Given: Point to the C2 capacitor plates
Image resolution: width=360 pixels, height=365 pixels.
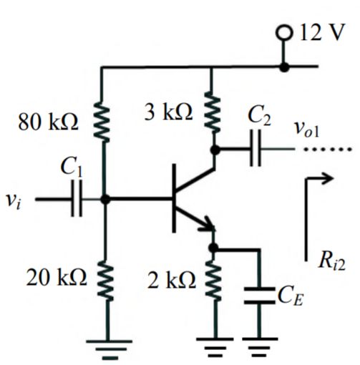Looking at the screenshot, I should click(256, 151).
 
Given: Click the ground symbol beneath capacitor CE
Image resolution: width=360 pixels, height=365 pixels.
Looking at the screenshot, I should click(258, 348).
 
